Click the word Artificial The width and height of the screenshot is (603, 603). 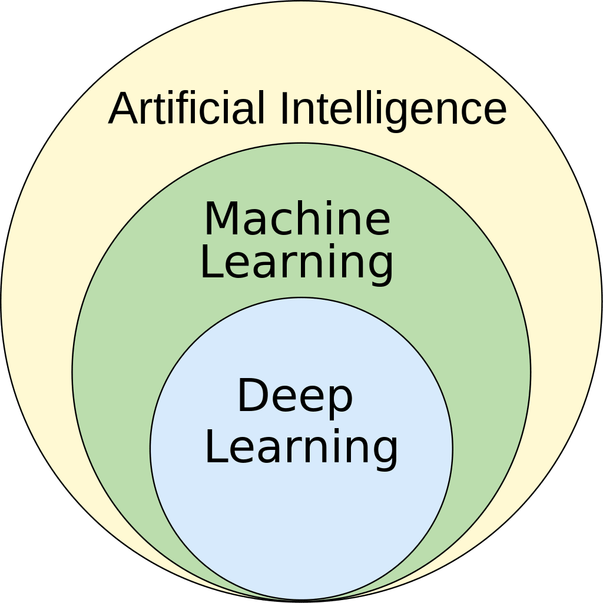click(x=187, y=108)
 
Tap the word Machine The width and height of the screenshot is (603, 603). click(x=297, y=219)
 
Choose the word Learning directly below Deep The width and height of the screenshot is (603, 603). click(x=301, y=448)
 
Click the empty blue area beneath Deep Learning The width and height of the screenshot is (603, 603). click(x=301, y=530)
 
